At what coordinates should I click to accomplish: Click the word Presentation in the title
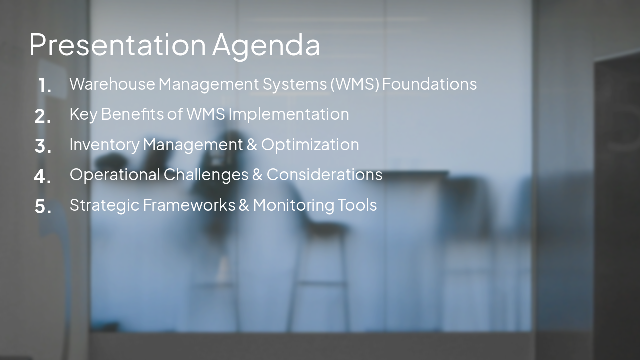(117, 45)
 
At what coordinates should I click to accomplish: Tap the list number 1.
(44, 86)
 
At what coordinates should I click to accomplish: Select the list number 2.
(43, 116)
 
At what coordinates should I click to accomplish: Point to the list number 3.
(43, 146)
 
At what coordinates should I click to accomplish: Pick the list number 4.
(43, 176)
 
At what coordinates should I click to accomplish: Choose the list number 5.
(43, 206)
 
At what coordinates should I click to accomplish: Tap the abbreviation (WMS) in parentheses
(355, 84)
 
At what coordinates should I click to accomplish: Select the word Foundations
(429, 84)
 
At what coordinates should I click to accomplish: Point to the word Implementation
(289, 114)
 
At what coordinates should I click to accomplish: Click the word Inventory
(104, 145)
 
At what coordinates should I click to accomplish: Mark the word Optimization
(310, 145)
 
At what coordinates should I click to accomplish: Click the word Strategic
(104, 205)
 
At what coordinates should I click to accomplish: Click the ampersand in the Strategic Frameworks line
(244, 205)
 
